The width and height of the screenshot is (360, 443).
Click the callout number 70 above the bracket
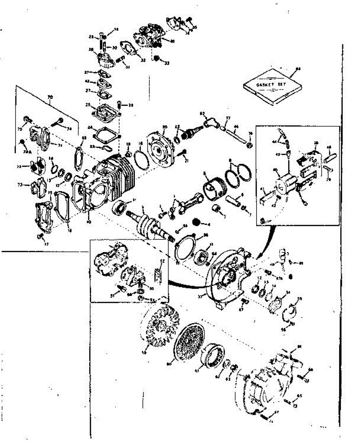(x=50, y=97)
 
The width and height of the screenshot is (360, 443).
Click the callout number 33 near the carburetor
(x=167, y=63)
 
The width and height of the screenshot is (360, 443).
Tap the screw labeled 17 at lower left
(x=39, y=237)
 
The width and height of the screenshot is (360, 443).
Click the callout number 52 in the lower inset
(x=162, y=261)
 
